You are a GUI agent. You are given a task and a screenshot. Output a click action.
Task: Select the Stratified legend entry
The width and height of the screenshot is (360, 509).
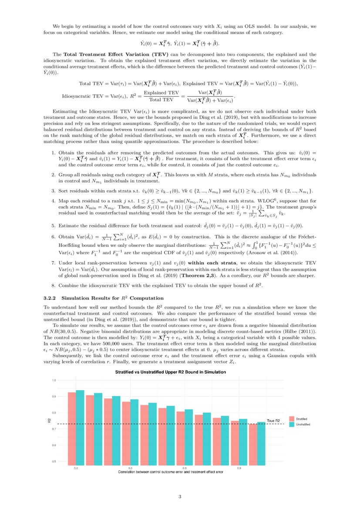301,418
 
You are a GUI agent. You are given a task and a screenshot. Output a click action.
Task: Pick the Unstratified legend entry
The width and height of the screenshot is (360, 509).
303,424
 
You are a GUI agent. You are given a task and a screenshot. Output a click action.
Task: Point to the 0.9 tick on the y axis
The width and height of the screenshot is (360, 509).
54,396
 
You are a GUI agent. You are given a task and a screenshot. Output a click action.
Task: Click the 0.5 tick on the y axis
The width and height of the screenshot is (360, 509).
54,461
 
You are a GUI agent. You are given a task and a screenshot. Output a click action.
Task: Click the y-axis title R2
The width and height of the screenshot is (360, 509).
49,420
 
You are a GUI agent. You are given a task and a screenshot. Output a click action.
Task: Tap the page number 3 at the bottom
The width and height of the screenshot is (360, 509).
180,496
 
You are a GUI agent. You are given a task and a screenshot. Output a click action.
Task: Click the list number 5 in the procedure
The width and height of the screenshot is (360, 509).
53,226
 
